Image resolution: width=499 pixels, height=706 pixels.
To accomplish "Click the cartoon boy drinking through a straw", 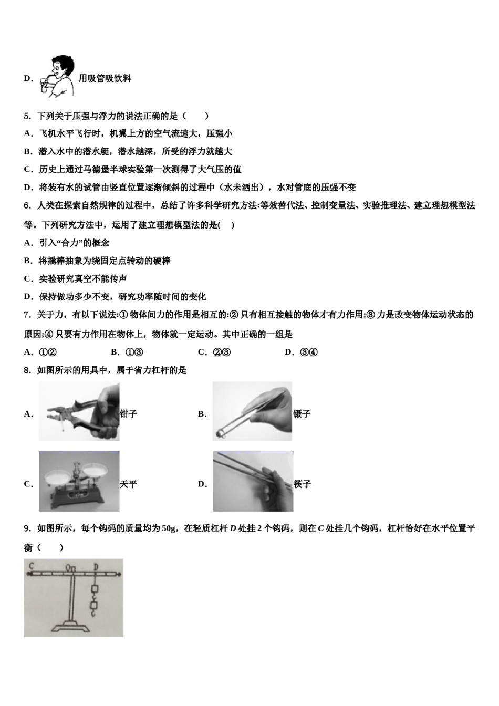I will point(57,76).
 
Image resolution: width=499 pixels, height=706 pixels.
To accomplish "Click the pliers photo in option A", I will point(79,411).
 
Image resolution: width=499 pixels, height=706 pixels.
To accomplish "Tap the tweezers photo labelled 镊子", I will point(252,411).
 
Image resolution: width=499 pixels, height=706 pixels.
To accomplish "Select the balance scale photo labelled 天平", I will point(79,481).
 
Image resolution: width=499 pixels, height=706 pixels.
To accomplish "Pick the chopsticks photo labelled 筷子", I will point(253,481).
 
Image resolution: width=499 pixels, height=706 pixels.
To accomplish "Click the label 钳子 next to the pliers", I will point(128,414).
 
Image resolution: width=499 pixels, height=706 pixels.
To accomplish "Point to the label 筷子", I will point(303,484).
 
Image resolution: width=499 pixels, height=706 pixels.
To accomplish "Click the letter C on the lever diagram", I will point(32,566).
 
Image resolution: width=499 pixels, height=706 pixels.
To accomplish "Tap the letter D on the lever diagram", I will point(96,567).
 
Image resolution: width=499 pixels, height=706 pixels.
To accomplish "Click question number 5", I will point(27,116).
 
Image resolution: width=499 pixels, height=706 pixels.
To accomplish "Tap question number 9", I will point(27,528).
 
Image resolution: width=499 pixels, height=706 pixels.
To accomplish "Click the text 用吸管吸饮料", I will point(105,79).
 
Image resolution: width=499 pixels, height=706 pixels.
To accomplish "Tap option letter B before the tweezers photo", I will point(202,414).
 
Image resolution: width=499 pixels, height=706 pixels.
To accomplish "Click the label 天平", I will point(128,484).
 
